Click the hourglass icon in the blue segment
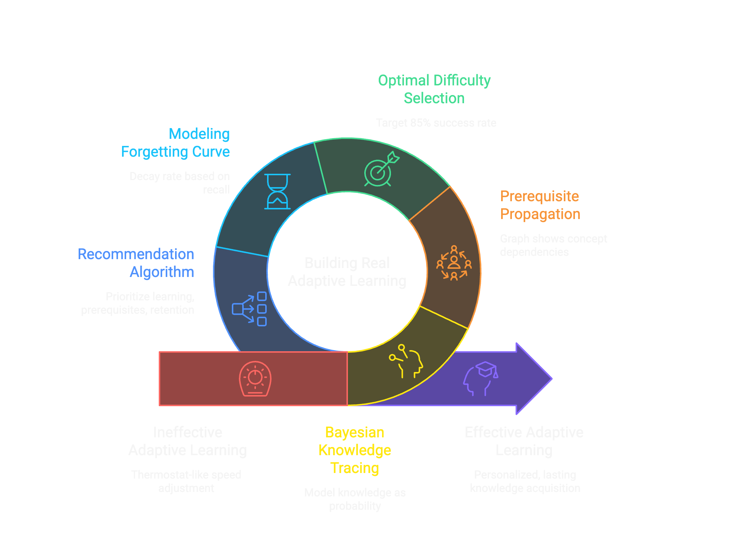coord(277,192)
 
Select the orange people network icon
coord(454,263)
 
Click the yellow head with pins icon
coord(406,361)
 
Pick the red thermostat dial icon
coord(255,378)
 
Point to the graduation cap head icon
coord(481,378)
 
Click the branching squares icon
coord(249,309)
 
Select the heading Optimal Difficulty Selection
coord(434,89)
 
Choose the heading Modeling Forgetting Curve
coord(175,143)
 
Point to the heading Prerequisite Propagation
coord(540,205)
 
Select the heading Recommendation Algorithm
coord(136,263)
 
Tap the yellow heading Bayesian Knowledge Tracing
coord(355,450)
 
